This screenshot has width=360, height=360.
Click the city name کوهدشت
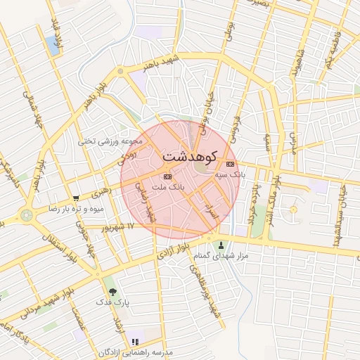pyautogui.click(x=190, y=155)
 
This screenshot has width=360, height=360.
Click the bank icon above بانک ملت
pyautogui.click(x=167, y=176)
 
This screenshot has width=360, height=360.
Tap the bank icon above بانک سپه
pyautogui.click(x=230, y=165)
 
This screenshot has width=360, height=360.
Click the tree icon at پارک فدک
pyautogui.click(x=111, y=291)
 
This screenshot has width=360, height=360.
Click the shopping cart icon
pyautogui.click(x=76, y=199)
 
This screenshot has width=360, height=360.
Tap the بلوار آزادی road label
pyautogui.click(x=174, y=252)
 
